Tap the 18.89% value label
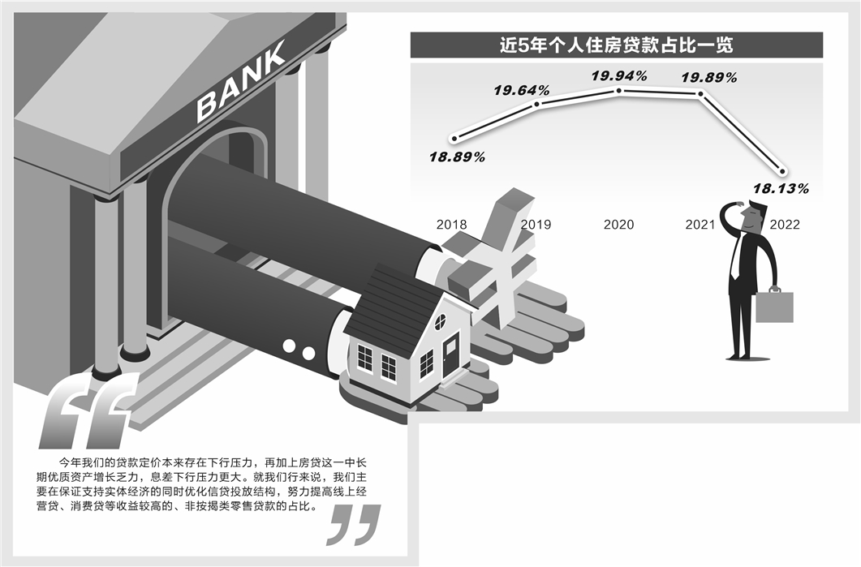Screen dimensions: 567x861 pyautogui.click(x=458, y=157)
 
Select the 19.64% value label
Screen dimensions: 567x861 pyautogui.click(x=523, y=90)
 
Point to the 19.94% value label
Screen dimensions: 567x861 pyautogui.click(x=618, y=76)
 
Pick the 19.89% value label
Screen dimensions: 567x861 pyautogui.click(x=708, y=78)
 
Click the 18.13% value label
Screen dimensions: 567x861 pyautogui.click(x=781, y=188)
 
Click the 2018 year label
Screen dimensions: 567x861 pyautogui.click(x=451, y=224)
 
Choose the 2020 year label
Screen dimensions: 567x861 pyautogui.click(x=618, y=224)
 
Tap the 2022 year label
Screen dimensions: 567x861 pyautogui.click(x=785, y=225)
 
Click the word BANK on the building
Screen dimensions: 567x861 pyautogui.click(x=241, y=82)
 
